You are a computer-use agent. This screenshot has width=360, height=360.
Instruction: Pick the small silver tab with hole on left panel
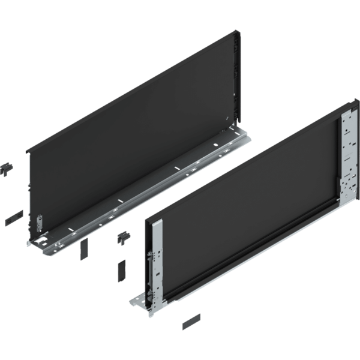pyautogui.click(x=39, y=222)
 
